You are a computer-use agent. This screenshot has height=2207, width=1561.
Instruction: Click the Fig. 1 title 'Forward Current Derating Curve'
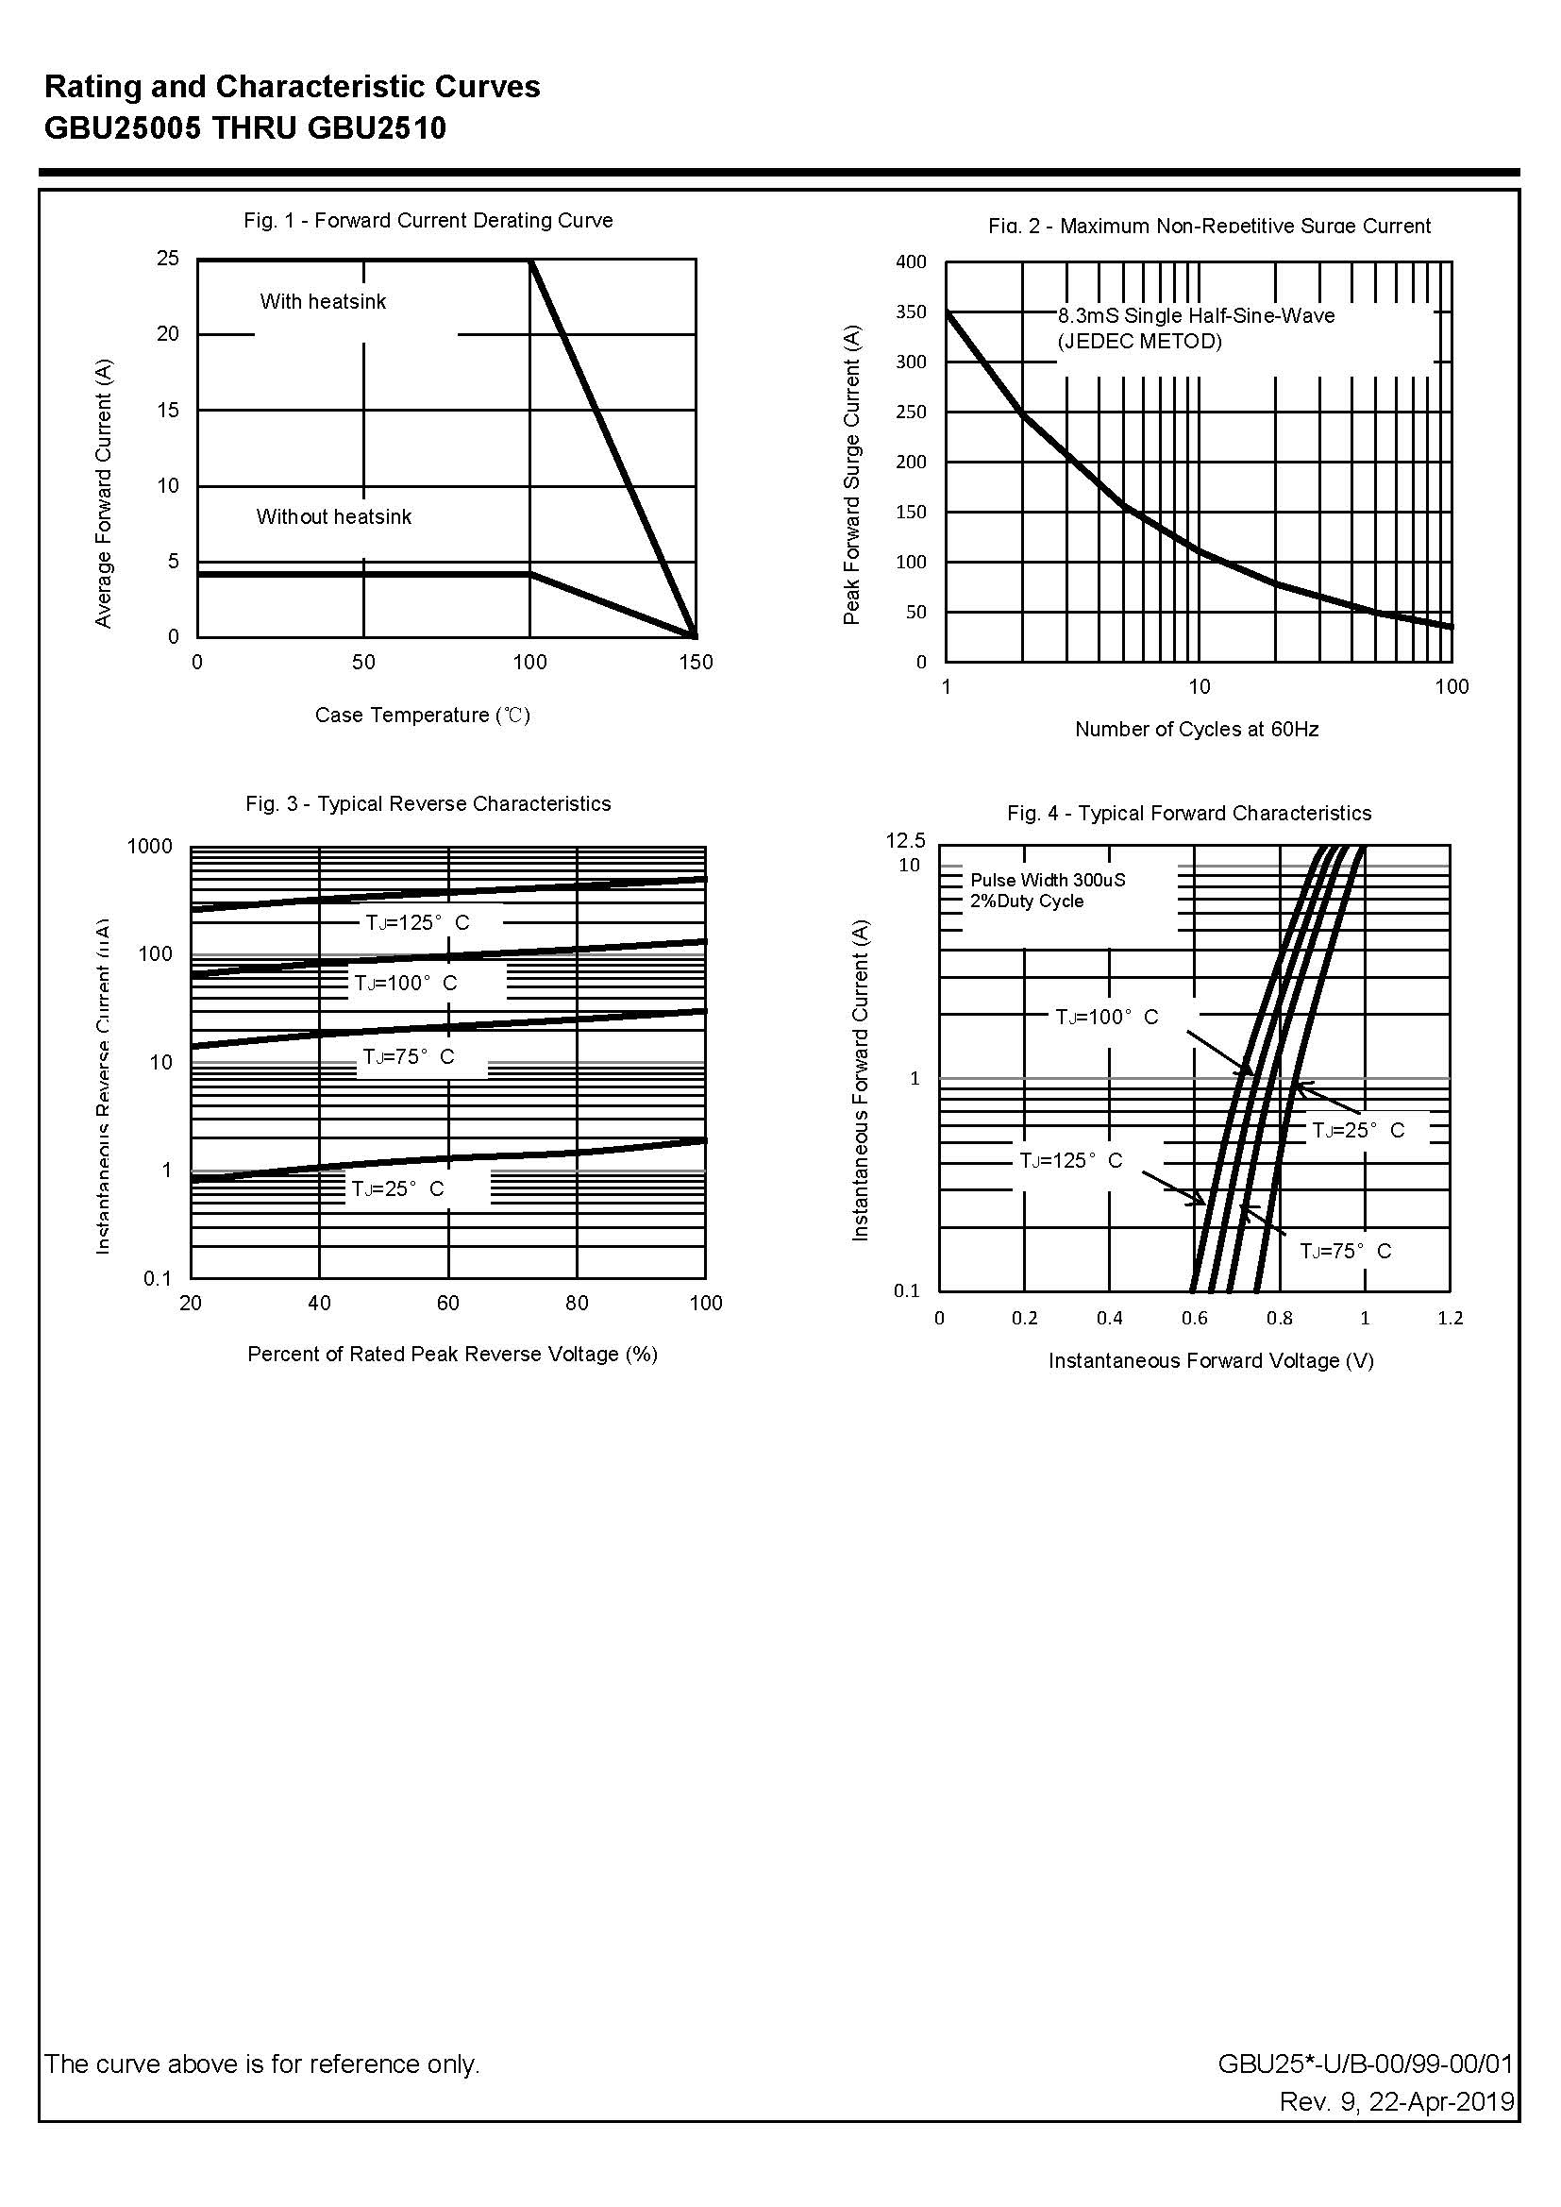[463, 220]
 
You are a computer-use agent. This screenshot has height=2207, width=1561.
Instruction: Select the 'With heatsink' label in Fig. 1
[323, 302]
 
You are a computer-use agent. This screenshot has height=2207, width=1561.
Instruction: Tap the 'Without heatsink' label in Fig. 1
[333, 517]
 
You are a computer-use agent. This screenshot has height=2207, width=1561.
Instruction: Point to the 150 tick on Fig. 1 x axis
[696, 663]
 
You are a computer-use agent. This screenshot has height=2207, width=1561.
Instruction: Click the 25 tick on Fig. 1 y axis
[168, 259]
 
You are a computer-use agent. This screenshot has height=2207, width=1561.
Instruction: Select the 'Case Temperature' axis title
[423, 716]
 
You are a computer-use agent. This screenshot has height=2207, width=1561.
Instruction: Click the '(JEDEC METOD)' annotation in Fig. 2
[1140, 341]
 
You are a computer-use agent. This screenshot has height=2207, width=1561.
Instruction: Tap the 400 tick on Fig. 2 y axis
[912, 261]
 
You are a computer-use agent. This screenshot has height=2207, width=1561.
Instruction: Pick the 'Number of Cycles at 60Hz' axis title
[1197, 730]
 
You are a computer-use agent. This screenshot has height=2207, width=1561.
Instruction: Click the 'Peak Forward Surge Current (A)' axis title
[851, 475]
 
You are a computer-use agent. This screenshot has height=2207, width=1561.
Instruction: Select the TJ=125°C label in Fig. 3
[417, 923]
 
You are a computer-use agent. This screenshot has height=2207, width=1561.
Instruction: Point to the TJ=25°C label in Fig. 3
[398, 1189]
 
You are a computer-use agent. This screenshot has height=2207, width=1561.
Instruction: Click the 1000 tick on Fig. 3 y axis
[150, 847]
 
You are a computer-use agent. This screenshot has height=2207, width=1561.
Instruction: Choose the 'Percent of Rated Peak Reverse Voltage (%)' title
[453, 1355]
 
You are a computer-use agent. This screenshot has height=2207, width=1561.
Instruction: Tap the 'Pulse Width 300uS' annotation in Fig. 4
[1048, 880]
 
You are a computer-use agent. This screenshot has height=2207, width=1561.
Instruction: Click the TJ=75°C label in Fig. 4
[1346, 1251]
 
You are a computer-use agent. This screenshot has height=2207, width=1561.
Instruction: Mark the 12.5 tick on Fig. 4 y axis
[905, 841]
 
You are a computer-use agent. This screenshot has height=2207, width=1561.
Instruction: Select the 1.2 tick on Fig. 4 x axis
[1450, 1318]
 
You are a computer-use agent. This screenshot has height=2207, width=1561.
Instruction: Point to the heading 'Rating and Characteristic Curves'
[293, 88]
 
